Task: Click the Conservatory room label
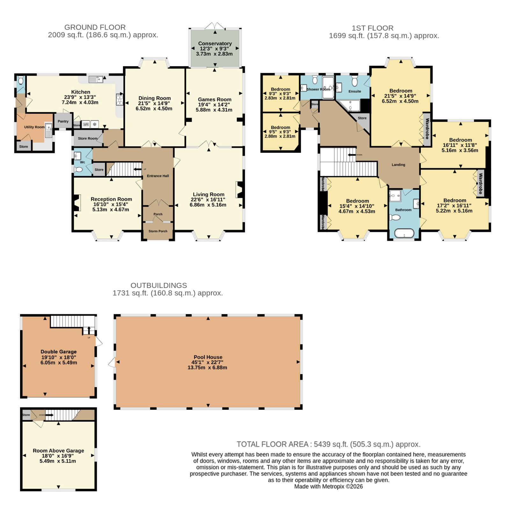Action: click(215, 43)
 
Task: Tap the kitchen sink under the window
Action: click(96, 79)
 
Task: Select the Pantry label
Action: click(63, 121)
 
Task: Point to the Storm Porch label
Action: click(158, 231)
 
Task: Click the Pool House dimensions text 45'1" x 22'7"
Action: click(207, 362)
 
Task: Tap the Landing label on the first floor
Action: click(398, 165)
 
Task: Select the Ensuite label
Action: click(355, 91)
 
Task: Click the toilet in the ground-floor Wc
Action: click(78, 170)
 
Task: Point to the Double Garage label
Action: click(59, 352)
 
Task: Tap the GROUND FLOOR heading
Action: click(95, 27)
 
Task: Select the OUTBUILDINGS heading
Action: click(159, 285)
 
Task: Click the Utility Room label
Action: click(34, 127)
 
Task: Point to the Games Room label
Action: click(215, 99)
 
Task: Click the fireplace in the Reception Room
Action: click(76, 203)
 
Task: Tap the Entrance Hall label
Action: click(158, 176)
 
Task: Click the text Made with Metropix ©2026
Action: click(328, 487)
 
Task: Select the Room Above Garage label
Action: click(58, 451)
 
